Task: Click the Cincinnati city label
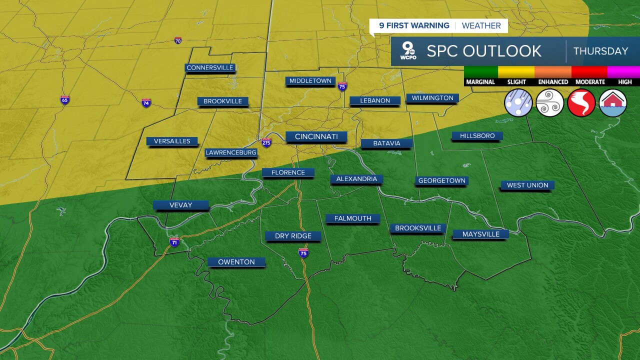[316, 136]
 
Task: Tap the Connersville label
[210, 67]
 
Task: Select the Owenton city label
[236, 262]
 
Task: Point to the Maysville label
[480, 234]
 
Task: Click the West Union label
[527, 185]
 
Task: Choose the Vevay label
[180, 205]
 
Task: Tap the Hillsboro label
[477, 135]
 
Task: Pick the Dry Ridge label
[293, 236]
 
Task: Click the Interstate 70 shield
[178, 40]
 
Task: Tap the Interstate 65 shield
[65, 99]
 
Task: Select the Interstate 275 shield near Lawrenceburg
[266, 142]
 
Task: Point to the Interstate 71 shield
[174, 242]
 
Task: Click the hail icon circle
[518, 103]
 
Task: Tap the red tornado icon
[581, 103]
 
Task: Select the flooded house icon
[613, 103]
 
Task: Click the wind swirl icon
[550, 103]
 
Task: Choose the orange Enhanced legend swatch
[553, 72]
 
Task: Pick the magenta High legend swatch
[623, 72]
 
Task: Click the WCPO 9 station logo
[408, 51]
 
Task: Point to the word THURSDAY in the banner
[600, 51]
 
